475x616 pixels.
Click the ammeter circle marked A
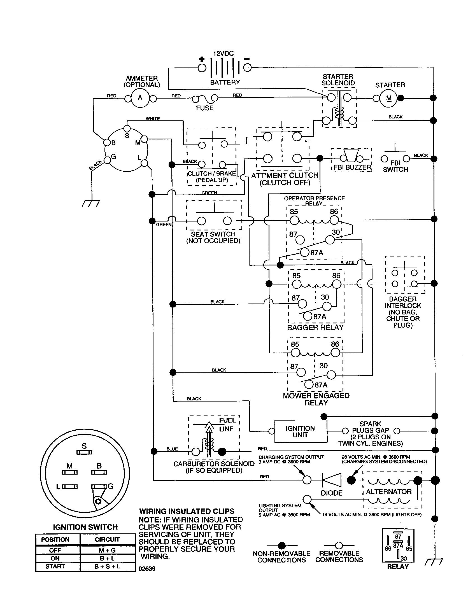pyautogui.click(x=140, y=98)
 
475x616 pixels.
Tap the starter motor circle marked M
pyautogui.click(x=389, y=98)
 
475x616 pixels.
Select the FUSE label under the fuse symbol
pyautogui.click(x=204, y=108)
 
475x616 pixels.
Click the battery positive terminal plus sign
pyautogui.click(x=201, y=59)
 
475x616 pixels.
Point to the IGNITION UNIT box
pyautogui.click(x=301, y=431)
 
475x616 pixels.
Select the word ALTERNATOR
pyautogui.click(x=389, y=492)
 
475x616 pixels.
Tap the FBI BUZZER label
pyautogui.click(x=352, y=167)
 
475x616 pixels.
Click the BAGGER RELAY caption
pyautogui.click(x=315, y=328)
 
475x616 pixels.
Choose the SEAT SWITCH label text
pyautogui.click(x=213, y=234)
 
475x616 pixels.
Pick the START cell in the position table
pyautogui.click(x=55, y=566)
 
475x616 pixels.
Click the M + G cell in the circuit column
pyautogui.click(x=107, y=550)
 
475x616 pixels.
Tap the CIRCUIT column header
pyautogui.click(x=107, y=539)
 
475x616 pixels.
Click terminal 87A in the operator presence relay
pyautogui.click(x=305, y=253)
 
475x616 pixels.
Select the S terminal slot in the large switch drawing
pyautogui.click(x=84, y=452)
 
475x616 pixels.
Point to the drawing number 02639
pyautogui.click(x=147, y=569)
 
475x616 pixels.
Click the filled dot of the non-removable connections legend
pyautogui.click(x=281, y=545)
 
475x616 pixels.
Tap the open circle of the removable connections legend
pyautogui.click(x=339, y=545)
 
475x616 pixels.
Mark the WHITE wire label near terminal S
pyautogui.click(x=153, y=118)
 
